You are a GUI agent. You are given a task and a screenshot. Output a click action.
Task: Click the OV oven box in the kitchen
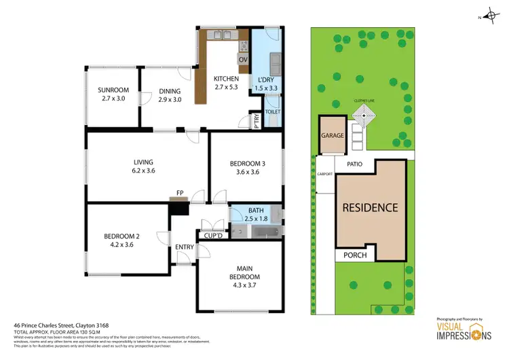point(243,59)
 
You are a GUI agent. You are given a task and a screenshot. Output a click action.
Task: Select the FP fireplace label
point(180,194)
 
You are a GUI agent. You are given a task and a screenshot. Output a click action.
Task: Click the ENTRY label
point(184,247)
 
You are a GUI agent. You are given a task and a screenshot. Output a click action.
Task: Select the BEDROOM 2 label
point(121,236)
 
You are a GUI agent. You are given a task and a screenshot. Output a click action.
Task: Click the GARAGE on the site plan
point(332,135)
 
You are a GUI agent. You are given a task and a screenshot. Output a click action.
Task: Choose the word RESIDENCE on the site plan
point(369,208)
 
